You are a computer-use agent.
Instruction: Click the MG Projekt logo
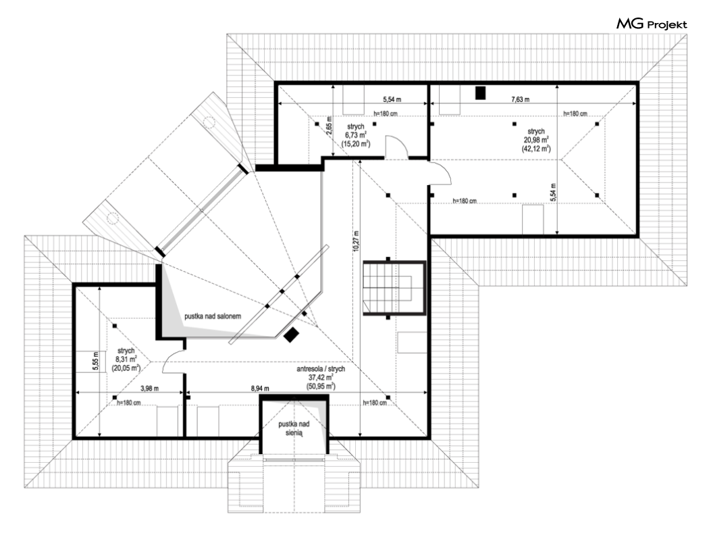(652, 24)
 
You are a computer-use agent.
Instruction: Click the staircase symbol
(394, 287)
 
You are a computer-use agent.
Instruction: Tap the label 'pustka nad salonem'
(213, 316)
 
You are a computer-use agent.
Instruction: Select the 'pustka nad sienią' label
(294, 428)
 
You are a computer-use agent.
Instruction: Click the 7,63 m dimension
(521, 99)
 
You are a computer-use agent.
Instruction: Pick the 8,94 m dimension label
(260, 389)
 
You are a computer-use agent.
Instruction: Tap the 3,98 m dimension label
(149, 389)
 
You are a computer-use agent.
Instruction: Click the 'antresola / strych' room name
(321, 369)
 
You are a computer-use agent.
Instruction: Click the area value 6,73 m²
(356, 135)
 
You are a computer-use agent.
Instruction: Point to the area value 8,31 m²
(126, 359)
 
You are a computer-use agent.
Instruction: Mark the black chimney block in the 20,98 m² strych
(480, 93)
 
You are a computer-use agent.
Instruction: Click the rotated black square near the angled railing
(291, 334)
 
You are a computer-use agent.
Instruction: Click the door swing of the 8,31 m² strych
(174, 362)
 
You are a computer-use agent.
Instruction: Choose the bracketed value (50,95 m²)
(321, 387)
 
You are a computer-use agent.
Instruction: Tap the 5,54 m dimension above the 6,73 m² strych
(392, 99)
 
